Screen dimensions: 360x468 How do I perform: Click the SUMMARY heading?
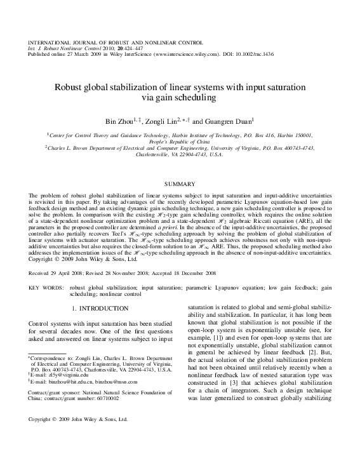pos(180,182)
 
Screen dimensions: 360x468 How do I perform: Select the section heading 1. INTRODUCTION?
pos(100,309)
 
